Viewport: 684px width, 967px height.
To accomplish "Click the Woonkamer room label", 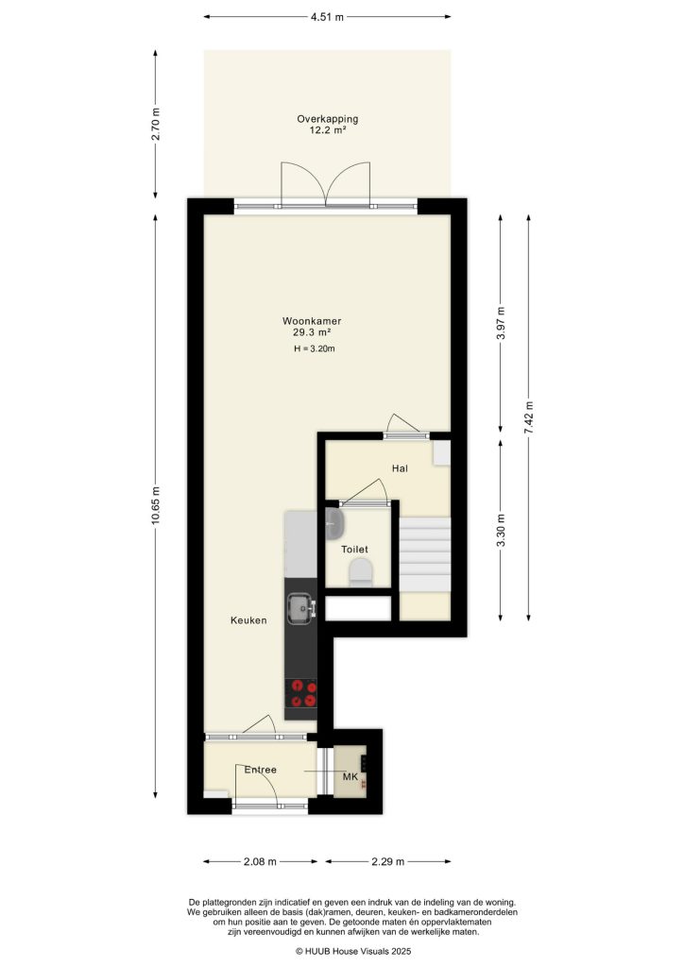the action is point(312,321).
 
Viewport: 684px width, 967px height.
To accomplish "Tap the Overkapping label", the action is point(328,119).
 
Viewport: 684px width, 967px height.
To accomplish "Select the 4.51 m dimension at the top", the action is point(327,17).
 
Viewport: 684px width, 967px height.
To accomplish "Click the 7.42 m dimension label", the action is point(528,417).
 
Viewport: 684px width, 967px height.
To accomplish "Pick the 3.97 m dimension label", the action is point(502,323).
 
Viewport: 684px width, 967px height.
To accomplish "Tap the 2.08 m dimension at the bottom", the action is point(260,861).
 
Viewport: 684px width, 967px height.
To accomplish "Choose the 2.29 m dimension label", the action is point(388,861).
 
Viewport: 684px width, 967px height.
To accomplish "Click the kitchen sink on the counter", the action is point(301,608).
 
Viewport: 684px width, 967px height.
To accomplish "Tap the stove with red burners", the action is point(301,693).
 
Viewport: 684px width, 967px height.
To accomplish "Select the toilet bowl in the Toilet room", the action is point(361,571).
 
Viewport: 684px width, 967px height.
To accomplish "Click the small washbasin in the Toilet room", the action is point(333,523).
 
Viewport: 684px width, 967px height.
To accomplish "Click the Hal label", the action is point(400,468).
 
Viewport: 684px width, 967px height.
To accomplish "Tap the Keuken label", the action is point(248,620).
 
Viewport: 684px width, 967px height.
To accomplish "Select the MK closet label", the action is point(351,777).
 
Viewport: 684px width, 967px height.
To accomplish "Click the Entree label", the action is point(260,770).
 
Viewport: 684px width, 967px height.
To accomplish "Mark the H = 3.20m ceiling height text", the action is point(315,348).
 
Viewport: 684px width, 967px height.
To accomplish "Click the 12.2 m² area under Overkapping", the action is point(328,130).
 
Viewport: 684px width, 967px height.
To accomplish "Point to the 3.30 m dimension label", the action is point(502,530).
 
